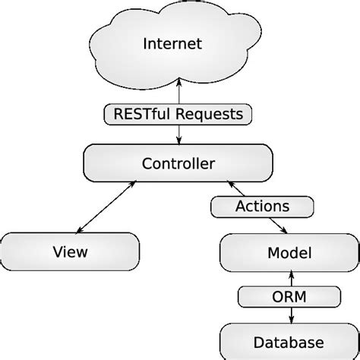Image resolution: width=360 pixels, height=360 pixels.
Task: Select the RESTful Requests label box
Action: [178, 115]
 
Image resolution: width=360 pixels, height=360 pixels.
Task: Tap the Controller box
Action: [178, 163]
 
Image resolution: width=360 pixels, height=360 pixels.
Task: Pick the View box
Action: [71, 251]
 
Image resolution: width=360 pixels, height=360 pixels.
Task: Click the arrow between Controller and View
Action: [106, 205]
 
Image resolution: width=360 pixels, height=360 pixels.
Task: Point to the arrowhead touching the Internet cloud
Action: [178, 81]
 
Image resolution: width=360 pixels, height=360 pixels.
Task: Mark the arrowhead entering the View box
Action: [78, 229]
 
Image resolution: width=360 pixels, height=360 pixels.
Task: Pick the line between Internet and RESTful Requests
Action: [178, 93]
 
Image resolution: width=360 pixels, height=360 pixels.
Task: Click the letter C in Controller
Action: [147, 163]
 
